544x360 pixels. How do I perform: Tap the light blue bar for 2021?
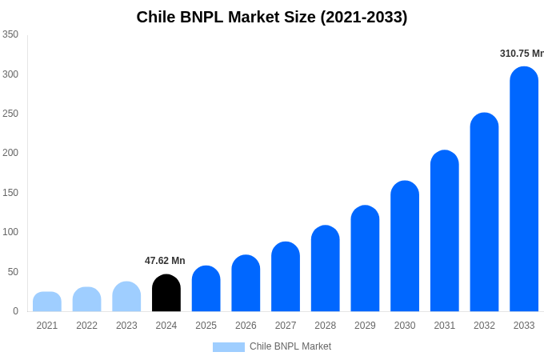[x=47, y=302]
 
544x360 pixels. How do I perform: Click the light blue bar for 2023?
[x=126, y=297]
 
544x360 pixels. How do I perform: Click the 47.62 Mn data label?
[x=165, y=261]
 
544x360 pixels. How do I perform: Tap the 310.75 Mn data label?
[x=522, y=54]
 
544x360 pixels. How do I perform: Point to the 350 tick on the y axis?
[x=10, y=34]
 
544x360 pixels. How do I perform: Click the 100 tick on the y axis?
[x=10, y=232]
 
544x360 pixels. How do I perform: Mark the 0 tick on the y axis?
[x=15, y=311]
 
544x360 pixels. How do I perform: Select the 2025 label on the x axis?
[x=206, y=326]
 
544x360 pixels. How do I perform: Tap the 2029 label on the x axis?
[x=365, y=326]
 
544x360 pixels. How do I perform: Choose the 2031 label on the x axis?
[x=444, y=326]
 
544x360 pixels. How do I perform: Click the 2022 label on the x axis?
[x=86, y=326]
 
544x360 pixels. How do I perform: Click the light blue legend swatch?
[x=229, y=346]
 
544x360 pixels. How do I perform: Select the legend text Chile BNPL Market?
[x=290, y=346]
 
